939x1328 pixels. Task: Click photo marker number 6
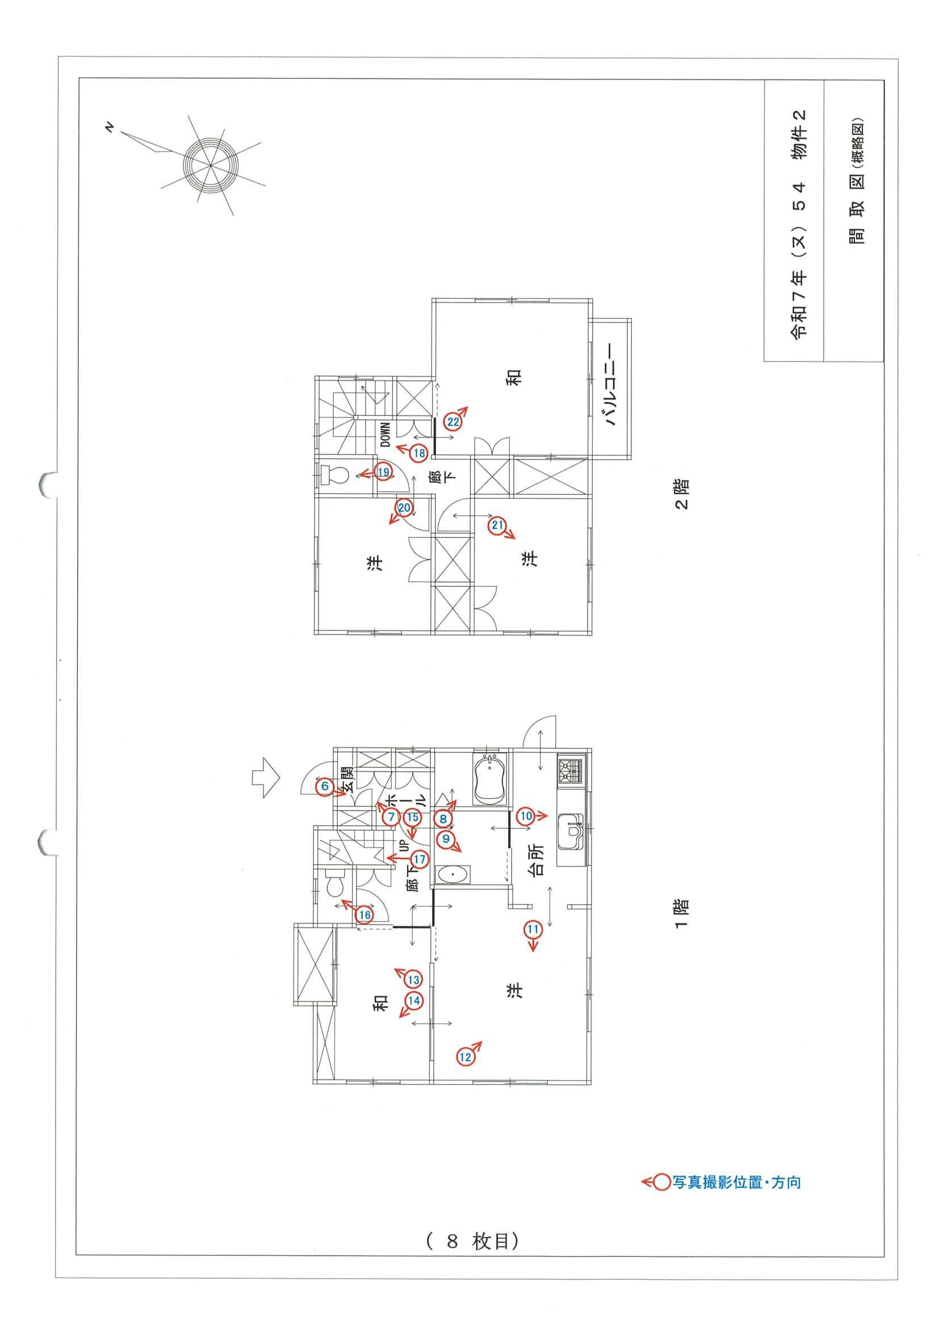pyautogui.click(x=325, y=786)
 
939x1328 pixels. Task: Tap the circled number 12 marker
pyautogui.click(x=465, y=1057)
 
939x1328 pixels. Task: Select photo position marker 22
pyautogui.click(x=452, y=422)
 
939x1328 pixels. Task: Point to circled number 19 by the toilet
pyautogui.click(x=383, y=472)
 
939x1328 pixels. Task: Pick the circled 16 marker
pyautogui.click(x=364, y=915)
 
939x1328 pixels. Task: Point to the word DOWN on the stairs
pyautogui.click(x=386, y=434)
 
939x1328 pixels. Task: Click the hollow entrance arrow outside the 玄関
pyautogui.click(x=266, y=778)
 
